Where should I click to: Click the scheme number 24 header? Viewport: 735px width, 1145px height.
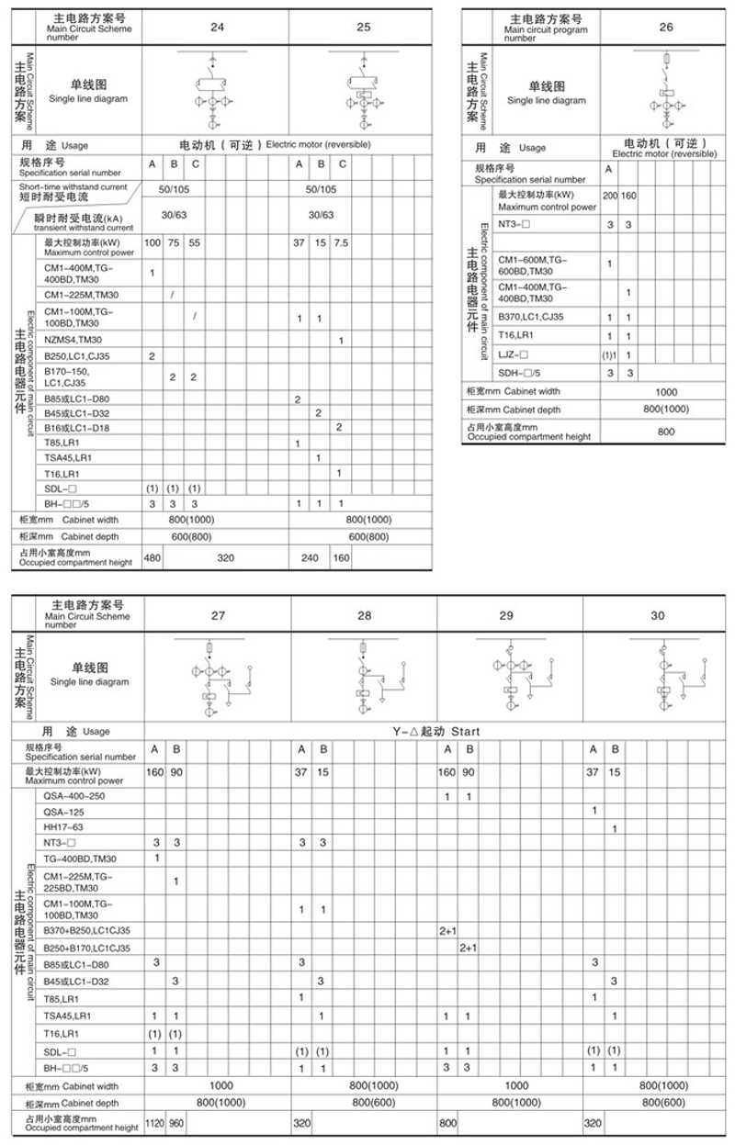click(217, 27)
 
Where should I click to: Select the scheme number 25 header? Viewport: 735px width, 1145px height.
click(363, 27)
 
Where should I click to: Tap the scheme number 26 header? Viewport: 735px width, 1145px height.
click(666, 27)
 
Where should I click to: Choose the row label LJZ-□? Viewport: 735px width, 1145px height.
click(514, 354)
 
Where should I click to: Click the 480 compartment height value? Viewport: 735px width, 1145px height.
click(152, 556)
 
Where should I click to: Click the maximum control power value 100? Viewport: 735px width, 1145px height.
click(152, 243)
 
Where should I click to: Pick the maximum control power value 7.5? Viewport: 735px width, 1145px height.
click(340, 243)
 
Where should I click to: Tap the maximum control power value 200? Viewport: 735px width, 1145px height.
click(610, 196)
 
